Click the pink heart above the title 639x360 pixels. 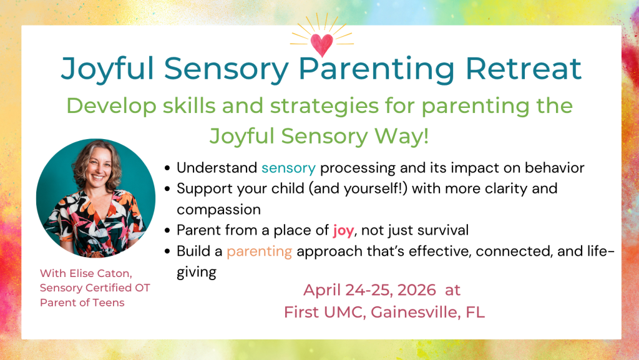pos(322,44)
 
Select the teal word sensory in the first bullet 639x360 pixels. pos(288,168)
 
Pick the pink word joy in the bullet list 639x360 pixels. pos(343,230)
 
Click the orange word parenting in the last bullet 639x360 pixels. pos(259,252)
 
